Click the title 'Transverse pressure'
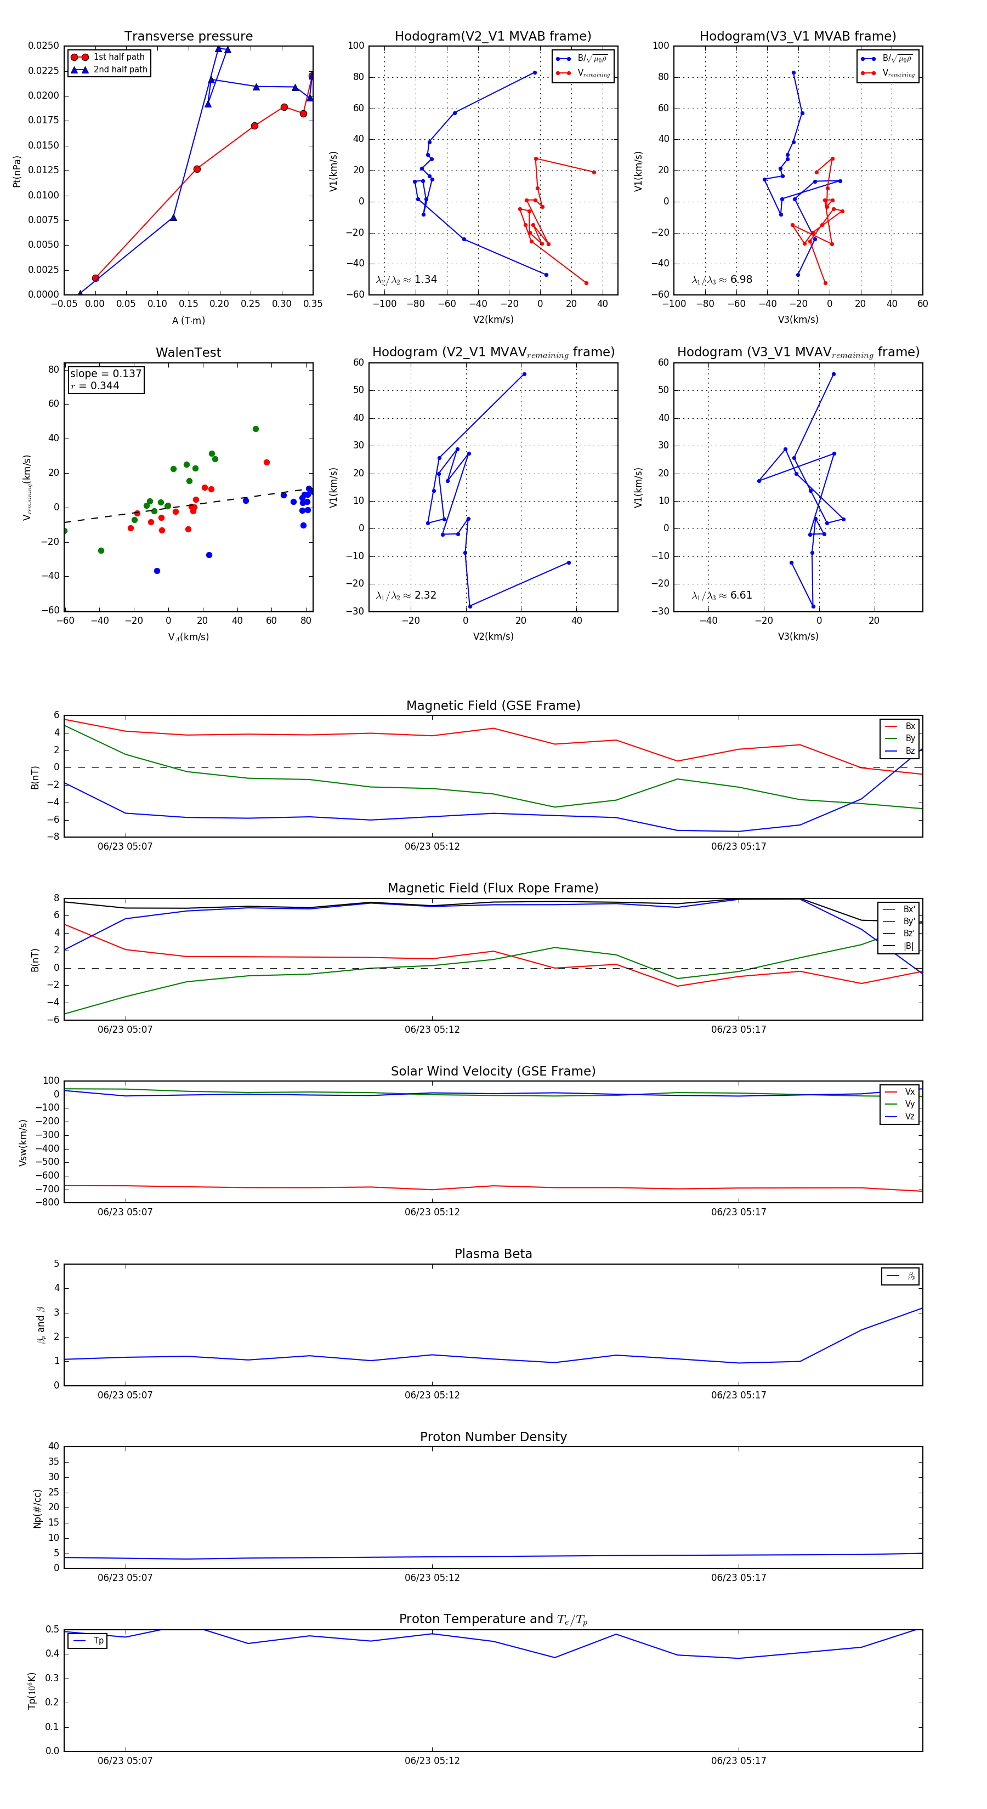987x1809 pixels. point(188,37)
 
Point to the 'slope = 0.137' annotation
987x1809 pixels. point(105,374)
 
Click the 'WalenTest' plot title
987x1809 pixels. point(188,352)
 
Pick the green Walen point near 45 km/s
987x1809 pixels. point(256,429)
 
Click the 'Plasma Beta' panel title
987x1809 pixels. point(493,1254)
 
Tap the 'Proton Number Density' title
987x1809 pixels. point(493,1437)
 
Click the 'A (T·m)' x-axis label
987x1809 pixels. point(188,321)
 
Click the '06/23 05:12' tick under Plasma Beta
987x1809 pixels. point(432,1395)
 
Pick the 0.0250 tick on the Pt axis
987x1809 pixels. point(43,45)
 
